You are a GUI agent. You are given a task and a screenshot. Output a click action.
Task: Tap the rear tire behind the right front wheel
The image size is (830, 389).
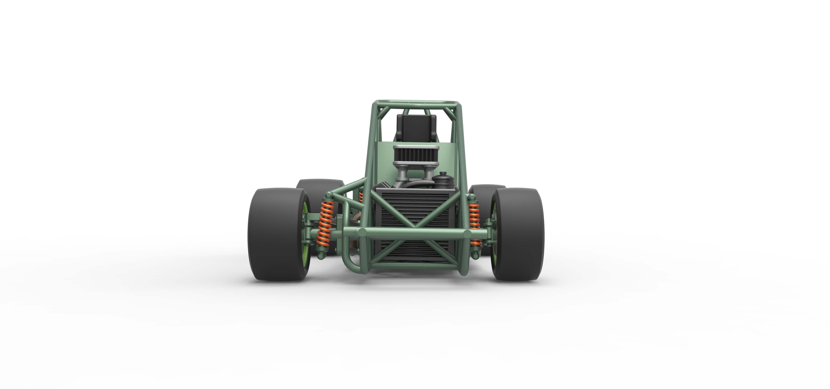[x=483, y=190]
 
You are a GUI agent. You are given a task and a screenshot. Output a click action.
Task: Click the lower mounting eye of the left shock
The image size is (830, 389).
[x=321, y=256]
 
